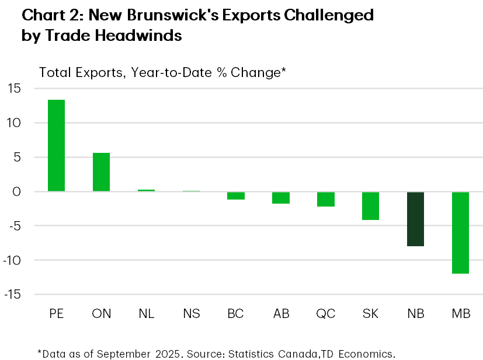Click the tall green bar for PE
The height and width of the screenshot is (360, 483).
tap(56, 145)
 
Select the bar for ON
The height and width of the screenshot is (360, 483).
tap(101, 172)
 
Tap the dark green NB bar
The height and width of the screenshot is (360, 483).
tap(415, 219)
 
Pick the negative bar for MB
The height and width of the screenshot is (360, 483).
tap(460, 232)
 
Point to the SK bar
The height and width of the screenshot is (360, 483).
tap(370, 205)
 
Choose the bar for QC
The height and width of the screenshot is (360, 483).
tap(325, 199)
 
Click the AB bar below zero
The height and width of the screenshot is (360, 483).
tap(280, 197)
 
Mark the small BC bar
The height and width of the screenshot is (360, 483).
tap(235, 195)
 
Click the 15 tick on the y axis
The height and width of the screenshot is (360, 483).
tap(14, 89)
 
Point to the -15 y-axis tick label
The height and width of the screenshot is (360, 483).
tap(12, 294)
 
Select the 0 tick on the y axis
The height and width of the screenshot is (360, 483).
tap(17, 191)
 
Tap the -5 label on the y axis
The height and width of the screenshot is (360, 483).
tap(14, 226)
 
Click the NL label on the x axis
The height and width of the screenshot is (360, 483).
tap(146, 313)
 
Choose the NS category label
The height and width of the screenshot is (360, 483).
tap(191, 313)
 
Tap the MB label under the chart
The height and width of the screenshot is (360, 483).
tap(460, 313)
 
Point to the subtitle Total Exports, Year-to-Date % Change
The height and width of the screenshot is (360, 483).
tap(162, 72)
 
